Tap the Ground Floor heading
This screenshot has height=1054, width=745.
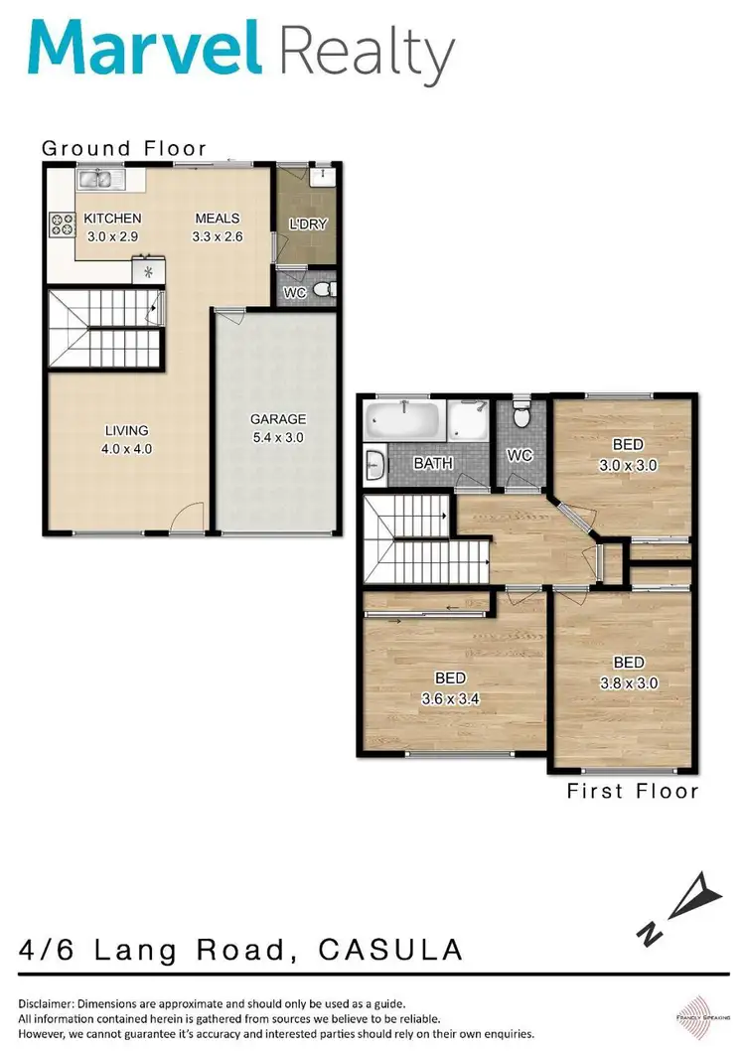point(124,148)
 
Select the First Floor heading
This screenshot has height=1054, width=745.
point(633,791)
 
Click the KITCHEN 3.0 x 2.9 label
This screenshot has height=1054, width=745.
point(111,227)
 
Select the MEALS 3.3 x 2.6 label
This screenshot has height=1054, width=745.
point(218,227)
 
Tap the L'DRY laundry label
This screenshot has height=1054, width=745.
point(307,225)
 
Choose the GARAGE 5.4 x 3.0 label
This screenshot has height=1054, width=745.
point(277,428)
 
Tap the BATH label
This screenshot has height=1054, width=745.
point(433,463)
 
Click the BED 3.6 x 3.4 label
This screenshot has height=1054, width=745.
point(450,687)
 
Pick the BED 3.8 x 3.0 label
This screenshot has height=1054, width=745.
point(628,673)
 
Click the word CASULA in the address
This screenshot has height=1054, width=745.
point(390,950)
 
